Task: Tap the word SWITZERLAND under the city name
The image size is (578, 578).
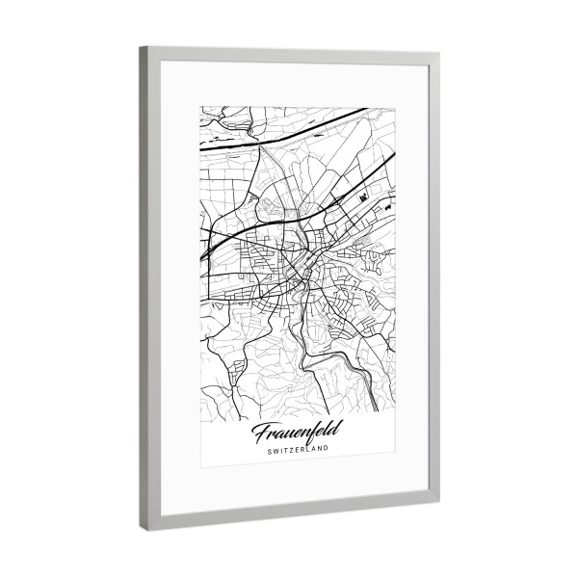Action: click(299, 448)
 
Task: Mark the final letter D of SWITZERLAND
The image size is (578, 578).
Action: click(328, 447)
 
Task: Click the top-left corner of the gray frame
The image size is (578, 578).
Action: click(141, 47)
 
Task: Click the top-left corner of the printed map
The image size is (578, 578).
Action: click(200, 106)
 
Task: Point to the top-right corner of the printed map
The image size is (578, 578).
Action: click(394, 108)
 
